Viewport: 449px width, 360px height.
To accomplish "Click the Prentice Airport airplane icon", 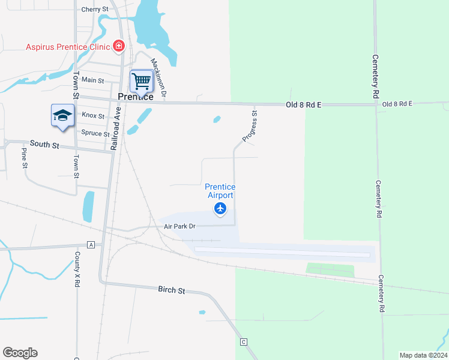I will pyautogui.click(x=220, y=209).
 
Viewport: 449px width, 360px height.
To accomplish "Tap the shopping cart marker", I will pyautogui.click(x=141, y=80).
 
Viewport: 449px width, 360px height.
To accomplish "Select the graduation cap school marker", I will pyautogui.click(x=62, y=115).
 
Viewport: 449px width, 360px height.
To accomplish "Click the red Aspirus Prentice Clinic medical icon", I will pyautogui.click(x=119, y=46).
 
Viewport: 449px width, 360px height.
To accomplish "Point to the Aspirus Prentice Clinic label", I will pyautogui.click(x=67, y=47).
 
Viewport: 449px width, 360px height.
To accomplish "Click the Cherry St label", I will pyautogui.click(x=94, y=10).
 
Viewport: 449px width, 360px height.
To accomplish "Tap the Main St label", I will pyautogui.click(x=92, y=80).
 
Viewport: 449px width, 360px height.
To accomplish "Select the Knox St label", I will pyautogui.click(x=93, y=115).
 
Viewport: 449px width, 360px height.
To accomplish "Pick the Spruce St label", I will pyautogui.click(x=95, y=133).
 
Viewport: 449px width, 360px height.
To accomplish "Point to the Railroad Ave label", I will pyautogui.click(x=118, y=128).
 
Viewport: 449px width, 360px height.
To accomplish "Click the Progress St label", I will pyautogui.click(x=250, y=126).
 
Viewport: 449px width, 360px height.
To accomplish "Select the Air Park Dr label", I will pyautogui.click(x=180, y=226).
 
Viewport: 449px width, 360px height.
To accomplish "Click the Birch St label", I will pyautogui.click(x=172, y=290).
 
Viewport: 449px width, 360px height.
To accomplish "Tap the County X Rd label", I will pyautogui.click(x=77, y=268).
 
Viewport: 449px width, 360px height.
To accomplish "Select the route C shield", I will pyautogui.click(x=244, y=342).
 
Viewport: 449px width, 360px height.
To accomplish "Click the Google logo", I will pyautogui.click(x=20, y=353).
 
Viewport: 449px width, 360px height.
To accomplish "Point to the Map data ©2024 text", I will pyautogui.click(x=423, y=355).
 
